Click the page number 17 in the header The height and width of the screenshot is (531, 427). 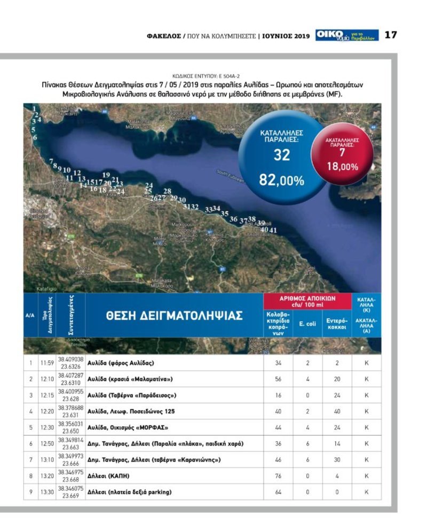391,35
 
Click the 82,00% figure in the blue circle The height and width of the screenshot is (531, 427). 281,180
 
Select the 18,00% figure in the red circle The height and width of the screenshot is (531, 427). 342,167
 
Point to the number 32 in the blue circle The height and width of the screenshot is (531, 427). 281,155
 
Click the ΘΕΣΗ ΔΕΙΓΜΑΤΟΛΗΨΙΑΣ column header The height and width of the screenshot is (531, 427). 175,315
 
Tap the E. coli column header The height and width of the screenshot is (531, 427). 307,323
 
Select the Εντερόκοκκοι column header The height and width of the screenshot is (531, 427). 337,323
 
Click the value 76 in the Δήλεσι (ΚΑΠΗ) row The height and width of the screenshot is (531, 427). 278,476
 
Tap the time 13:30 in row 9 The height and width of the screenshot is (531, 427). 46,492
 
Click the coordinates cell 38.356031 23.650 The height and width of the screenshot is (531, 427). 70,428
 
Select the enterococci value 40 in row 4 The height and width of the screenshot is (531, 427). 337,411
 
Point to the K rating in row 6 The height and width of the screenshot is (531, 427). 367,444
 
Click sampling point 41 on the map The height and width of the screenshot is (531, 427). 274,230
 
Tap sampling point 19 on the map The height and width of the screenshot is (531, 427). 106,175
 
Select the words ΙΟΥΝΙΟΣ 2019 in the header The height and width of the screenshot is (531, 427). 286,36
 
